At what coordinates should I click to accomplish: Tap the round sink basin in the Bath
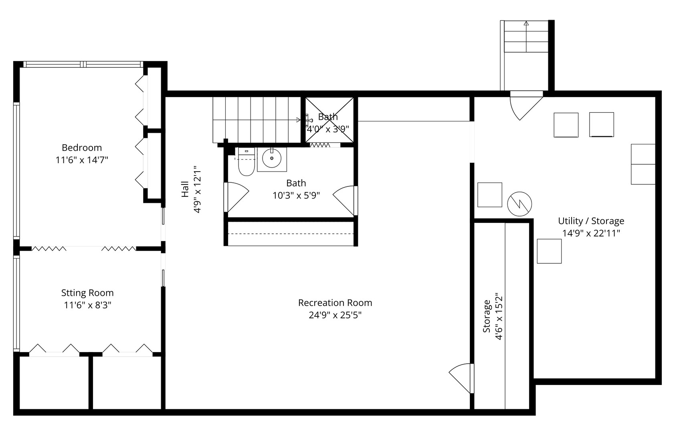[x=272, y=158]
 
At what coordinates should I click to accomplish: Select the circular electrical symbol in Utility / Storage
[x=519, y=204]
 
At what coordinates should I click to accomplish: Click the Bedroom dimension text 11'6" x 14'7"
[x=82, y=160]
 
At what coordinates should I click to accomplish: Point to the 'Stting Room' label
[x=87, y=293]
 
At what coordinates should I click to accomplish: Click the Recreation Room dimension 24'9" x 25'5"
[x=335, y=315]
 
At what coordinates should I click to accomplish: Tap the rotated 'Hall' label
[x=185, y=189]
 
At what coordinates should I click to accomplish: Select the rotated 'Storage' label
[x=487, y=316]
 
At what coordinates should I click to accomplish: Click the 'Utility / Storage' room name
[x=591, y=221]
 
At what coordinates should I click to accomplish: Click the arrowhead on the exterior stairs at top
[x=526, y=24]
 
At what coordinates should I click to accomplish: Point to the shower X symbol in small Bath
[x=329, y=119]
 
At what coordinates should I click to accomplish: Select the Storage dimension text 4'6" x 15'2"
[x=499, y=317]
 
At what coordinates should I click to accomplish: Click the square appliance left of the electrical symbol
[x=490, y=195]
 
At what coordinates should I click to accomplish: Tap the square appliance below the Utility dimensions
[x=549, y=251]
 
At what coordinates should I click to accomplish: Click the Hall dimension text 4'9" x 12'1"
[x=197, y=189]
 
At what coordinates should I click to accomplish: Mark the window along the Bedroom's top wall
[x=83, y=64]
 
